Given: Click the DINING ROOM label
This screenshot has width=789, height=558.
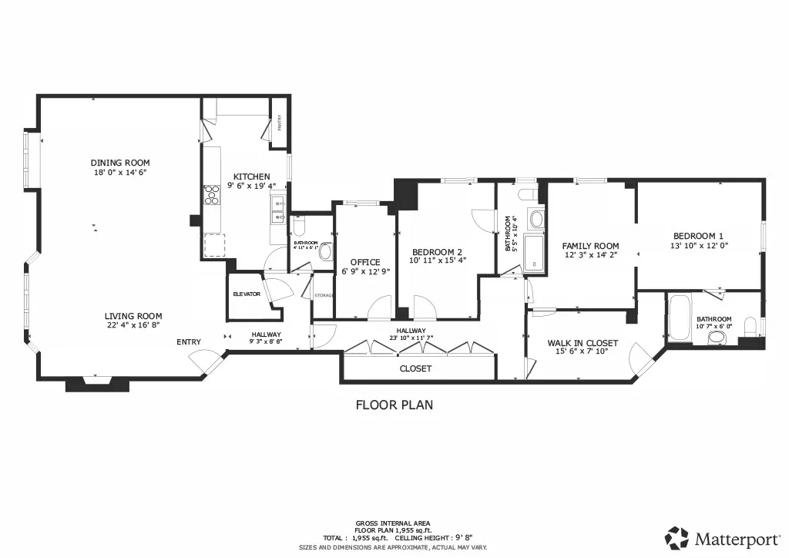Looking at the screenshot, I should (120, 163).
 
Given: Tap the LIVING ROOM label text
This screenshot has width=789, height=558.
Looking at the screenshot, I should (134, 316).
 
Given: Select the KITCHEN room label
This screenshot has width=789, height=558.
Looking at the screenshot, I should (252, 176).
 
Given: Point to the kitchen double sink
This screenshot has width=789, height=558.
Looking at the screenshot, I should (277, 210).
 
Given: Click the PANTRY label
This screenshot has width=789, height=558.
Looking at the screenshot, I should (280, 124).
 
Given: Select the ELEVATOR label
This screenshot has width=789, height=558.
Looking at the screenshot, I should (247, 294).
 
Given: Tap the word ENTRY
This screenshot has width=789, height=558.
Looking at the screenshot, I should (189, 342).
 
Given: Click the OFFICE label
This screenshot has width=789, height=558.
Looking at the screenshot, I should (365, 262).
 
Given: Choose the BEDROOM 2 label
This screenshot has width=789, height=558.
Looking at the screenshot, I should (437, 252).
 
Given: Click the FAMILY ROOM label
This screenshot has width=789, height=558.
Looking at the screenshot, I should (590, 247).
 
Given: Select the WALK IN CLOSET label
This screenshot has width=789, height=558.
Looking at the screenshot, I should (583, 343).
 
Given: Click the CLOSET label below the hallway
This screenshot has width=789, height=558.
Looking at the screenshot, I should (415, 368).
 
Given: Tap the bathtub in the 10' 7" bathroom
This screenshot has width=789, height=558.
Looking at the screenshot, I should (679, 316).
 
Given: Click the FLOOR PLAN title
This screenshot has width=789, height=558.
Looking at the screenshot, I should (394, 405).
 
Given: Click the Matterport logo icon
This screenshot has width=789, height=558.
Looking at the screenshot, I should (677, 537).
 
